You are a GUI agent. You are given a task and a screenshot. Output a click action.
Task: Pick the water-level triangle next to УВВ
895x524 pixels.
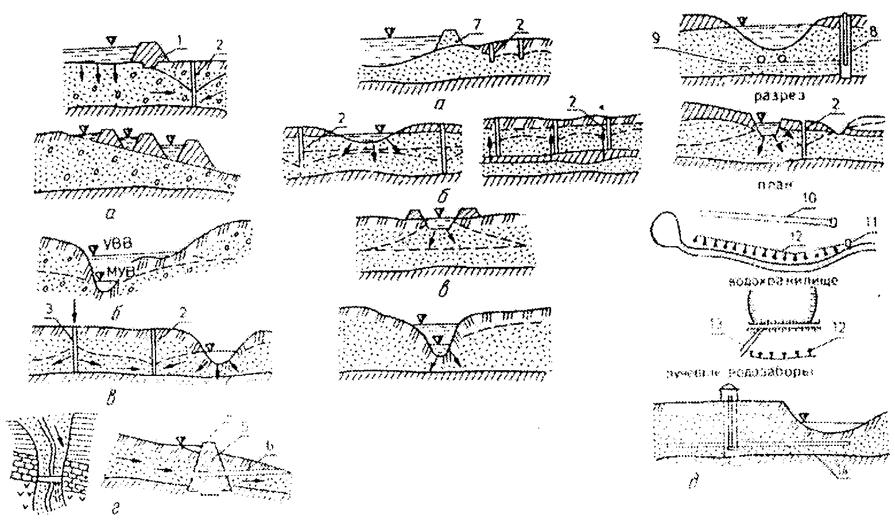point(94,247)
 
